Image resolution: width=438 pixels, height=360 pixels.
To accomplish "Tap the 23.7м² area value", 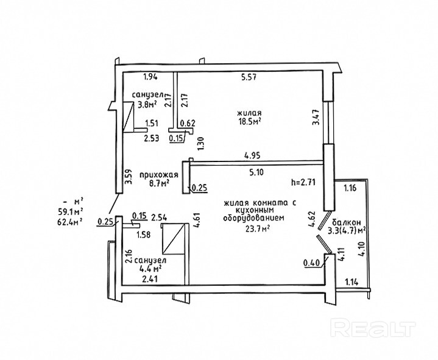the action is tap(258, 229).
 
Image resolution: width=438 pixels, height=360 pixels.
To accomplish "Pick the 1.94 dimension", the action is tap(150, 77).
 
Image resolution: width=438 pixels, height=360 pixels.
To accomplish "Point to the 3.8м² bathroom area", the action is tap(147, 104).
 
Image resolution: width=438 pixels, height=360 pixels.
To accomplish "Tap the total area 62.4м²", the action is tap(70, 222).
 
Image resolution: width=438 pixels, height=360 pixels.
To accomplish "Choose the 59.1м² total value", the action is tap(70, 211).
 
